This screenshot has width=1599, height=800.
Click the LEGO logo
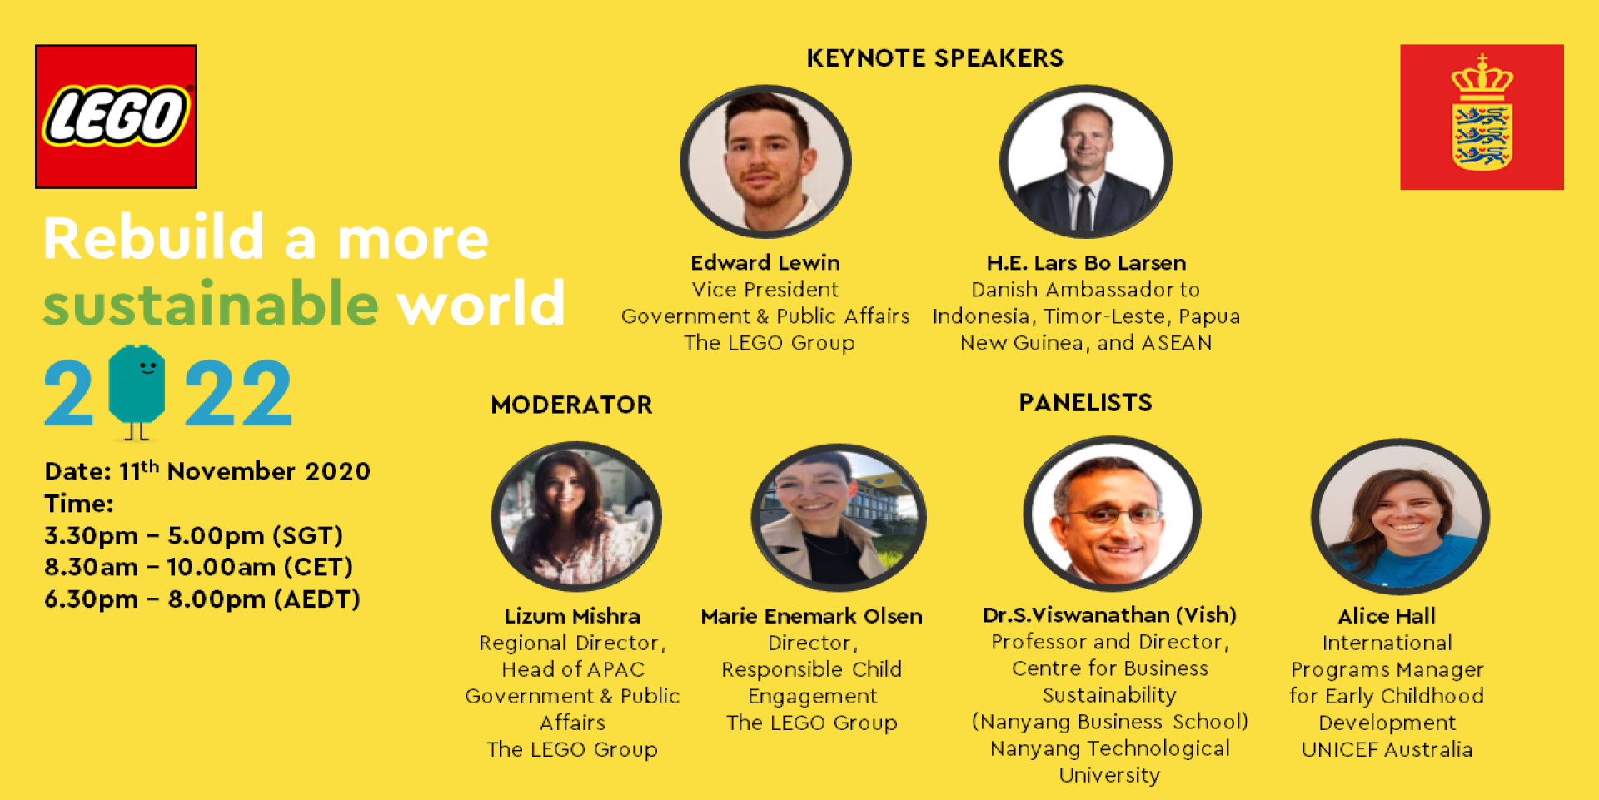click(116, 116)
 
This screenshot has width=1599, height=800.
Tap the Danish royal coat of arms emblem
click(1482, 117)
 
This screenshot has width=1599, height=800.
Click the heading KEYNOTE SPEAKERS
click(934, 58)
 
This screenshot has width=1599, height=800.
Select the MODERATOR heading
click(571, 405)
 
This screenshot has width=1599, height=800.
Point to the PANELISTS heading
click(1085, 403)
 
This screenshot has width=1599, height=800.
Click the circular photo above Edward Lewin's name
click(765, 161)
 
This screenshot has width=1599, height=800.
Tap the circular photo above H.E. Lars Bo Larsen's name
click(1086, 161)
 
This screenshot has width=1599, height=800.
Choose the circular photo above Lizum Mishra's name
click(576, 516)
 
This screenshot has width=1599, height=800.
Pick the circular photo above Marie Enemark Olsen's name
click(839, 517)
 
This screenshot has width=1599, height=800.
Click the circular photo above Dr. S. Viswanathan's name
click(1112, 514)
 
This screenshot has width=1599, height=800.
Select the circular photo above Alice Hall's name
click(1401, 516)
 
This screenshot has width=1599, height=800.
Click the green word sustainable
click(212, 304)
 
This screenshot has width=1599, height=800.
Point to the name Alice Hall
click(1387, 616)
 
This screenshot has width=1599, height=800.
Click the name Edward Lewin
click(765, 263)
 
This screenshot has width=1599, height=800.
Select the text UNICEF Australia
click(1387, 749)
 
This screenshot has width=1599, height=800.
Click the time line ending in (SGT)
click(193, 535)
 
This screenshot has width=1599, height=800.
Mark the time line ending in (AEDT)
click(202, 599)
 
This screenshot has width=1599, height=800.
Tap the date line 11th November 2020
click(207, 470)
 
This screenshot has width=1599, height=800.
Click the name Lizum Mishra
click(572, 616)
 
